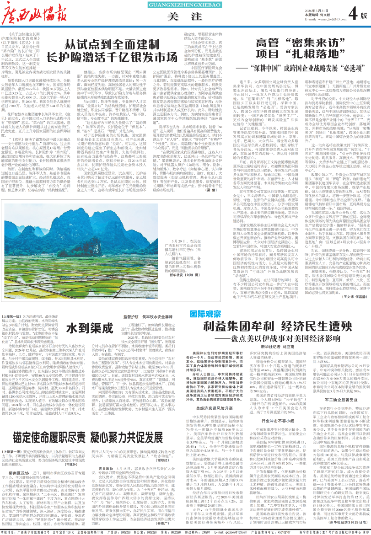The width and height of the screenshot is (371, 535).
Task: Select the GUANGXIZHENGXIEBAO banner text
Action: point(174,5)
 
